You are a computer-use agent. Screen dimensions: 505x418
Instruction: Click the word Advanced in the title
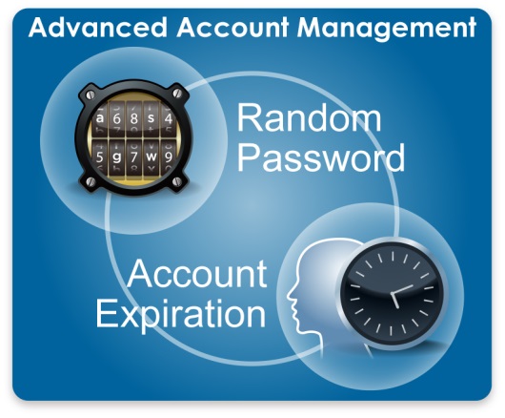98,28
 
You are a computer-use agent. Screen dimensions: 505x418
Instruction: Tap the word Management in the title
387,29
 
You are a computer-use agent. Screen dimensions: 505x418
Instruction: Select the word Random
309,117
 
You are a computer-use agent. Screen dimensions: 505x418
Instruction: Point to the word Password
321,157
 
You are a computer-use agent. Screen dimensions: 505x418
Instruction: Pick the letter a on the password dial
100,118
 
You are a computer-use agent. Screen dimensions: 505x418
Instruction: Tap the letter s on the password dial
151,118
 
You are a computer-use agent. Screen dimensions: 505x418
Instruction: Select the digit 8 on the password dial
134,118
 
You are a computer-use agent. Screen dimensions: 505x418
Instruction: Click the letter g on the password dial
116,157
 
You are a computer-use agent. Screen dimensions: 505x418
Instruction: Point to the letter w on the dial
151,157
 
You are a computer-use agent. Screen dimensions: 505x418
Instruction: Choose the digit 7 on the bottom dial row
134,157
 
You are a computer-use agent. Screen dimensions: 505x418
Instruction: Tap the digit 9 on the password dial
168,157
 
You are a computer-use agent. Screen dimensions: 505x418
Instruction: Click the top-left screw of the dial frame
91,95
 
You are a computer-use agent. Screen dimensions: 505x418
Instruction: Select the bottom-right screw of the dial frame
177,181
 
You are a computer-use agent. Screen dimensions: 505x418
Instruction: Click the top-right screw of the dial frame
177,94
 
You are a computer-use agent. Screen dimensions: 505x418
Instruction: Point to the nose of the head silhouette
289,295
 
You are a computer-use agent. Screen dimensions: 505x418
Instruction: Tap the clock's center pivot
393,294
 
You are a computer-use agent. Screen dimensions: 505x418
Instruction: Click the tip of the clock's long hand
413,285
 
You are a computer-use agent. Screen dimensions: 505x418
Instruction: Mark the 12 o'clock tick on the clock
393,256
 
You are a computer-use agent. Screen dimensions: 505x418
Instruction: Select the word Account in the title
232,28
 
